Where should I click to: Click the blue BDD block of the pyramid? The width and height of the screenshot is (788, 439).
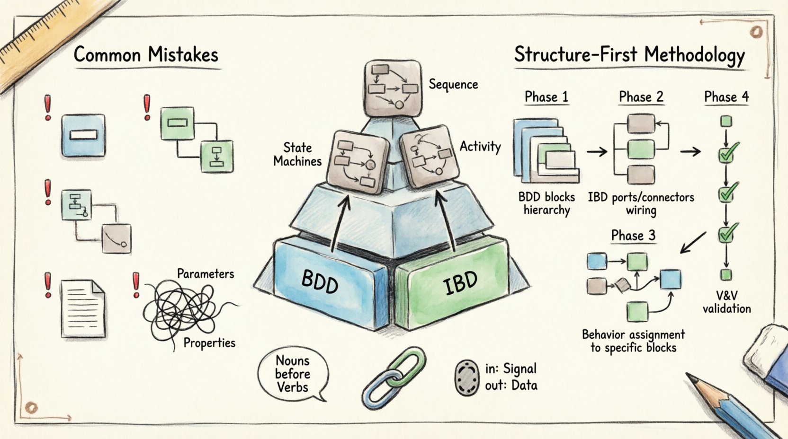327,284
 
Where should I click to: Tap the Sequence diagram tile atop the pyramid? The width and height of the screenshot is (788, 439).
393,88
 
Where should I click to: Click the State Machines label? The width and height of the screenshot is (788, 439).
297,154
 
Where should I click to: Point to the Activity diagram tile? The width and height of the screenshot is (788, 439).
430,156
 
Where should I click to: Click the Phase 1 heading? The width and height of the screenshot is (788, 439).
546,97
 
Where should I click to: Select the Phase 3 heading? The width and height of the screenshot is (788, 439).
633,236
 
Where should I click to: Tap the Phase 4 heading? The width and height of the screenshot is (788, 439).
726,97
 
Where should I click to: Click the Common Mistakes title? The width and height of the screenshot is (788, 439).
146,55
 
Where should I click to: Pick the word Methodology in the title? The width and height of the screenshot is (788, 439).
694,56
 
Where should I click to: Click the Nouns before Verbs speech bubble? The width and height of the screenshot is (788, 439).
292,374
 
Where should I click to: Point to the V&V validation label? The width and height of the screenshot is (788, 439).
726,302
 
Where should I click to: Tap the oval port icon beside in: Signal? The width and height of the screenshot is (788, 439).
467,377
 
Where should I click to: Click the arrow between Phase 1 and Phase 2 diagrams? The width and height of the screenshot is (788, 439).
597,151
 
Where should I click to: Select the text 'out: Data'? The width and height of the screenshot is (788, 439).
511,385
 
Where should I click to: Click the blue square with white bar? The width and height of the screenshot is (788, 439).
83,135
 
